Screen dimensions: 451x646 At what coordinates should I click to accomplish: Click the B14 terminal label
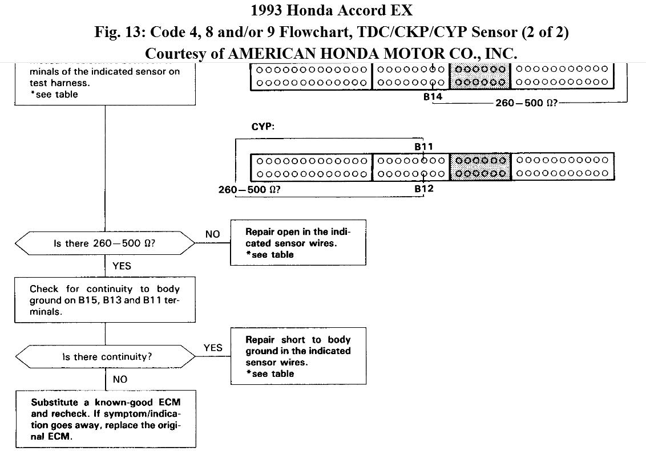(x=433, y=97)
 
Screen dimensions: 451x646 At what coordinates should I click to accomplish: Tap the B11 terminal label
(x=423, y=147)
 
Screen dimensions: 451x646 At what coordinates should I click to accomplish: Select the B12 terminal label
(x=423, y=189)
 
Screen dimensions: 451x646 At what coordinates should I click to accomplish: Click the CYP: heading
(x=263, y=127)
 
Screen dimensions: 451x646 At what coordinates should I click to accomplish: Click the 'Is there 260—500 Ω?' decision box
(x=105, y=243)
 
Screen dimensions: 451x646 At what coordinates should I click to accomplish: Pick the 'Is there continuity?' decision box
(x=105, y=357)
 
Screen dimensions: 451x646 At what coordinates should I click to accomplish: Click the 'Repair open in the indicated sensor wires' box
(x=298, y=243)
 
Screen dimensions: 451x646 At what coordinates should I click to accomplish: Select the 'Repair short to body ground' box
(x=298, y=356)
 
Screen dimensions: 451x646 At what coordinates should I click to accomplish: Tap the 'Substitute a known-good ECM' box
(x=106, y=419)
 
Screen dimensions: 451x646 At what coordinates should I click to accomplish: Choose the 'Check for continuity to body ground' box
(x=105, y=300)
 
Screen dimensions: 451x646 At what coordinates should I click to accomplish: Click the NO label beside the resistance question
(x=212, y=234)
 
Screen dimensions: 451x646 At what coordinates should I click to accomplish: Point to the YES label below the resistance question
(x=122, y=266)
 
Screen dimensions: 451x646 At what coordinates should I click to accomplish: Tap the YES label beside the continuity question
(x=213, y=348)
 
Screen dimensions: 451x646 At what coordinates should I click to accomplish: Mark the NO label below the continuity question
(x=120, y=379)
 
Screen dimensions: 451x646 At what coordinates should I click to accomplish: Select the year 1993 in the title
(x=268, y=10)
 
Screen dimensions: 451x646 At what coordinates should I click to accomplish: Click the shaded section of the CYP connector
(x=480, y=167)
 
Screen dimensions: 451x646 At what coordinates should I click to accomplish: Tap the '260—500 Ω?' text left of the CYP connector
(x=249, y=190)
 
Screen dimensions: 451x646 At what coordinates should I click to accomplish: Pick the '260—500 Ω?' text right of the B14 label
(x=526, y=103)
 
